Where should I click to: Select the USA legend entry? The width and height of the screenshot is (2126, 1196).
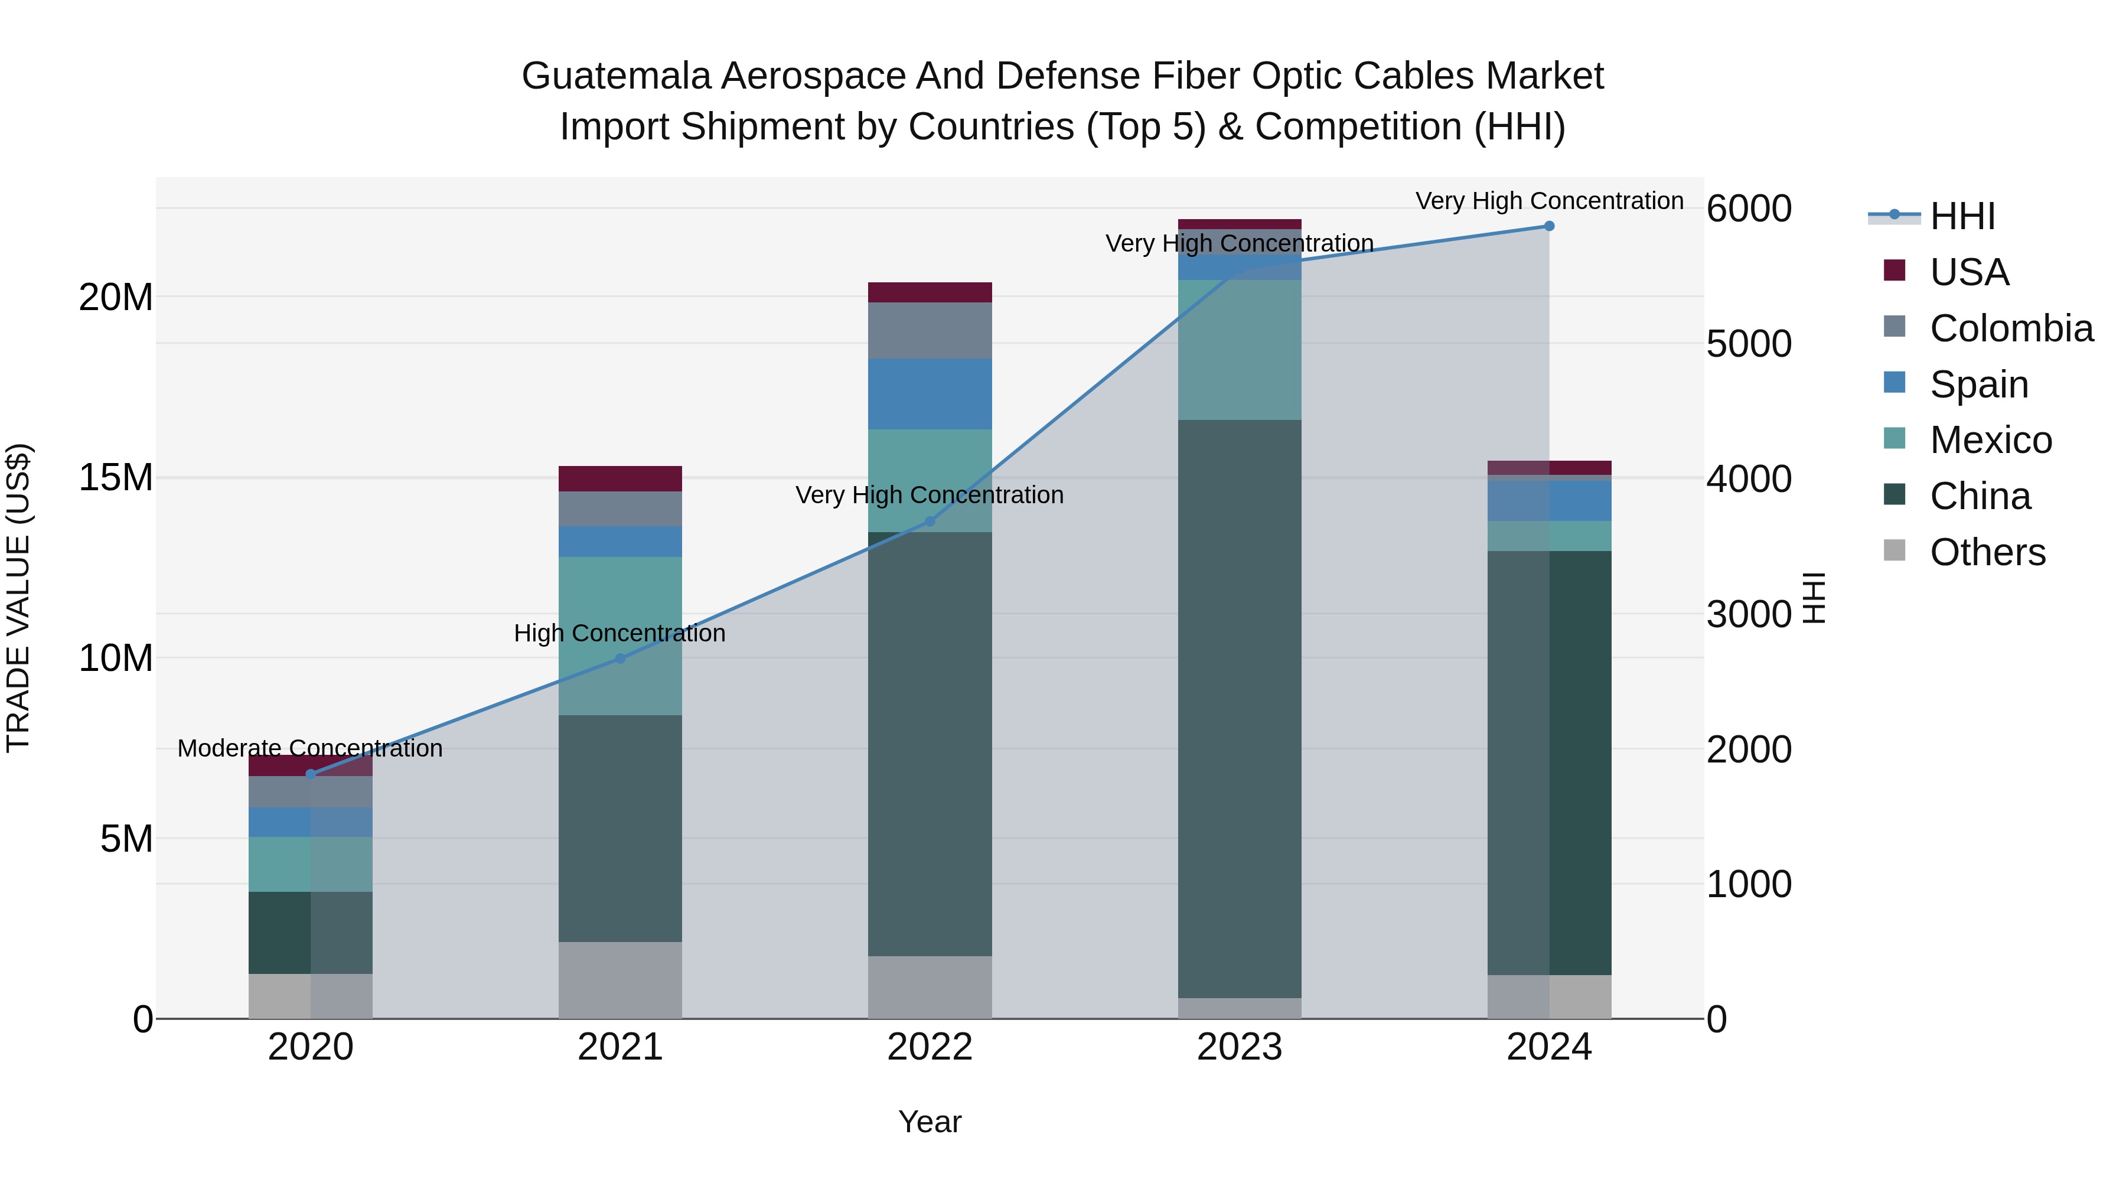tap(1968, 272)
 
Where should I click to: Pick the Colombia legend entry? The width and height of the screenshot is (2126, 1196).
tap(2010, 328)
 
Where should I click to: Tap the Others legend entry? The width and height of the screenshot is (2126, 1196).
tap(1987, 552)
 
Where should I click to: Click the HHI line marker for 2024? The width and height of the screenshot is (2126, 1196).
tap(1549, 226)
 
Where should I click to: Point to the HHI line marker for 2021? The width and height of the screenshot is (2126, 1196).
tap(621, 659)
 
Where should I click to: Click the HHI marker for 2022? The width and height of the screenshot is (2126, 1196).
tap(930, 522)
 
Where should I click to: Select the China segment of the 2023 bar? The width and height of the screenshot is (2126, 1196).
tap(1240, 710)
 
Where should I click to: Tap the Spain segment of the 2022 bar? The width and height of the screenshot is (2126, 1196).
tap(930, 394)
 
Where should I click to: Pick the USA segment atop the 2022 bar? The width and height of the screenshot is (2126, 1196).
tap(930, 292)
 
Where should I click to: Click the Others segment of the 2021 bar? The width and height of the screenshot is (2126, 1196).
tap(621, 980)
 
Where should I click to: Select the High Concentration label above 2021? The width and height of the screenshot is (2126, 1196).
tap(620, 634)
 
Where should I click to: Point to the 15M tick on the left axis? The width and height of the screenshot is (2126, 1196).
tap(116, 478)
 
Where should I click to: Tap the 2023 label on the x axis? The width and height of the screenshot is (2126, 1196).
tap(1240, 1047)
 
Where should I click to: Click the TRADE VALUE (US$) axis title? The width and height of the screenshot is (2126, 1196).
tap(18, 598)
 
